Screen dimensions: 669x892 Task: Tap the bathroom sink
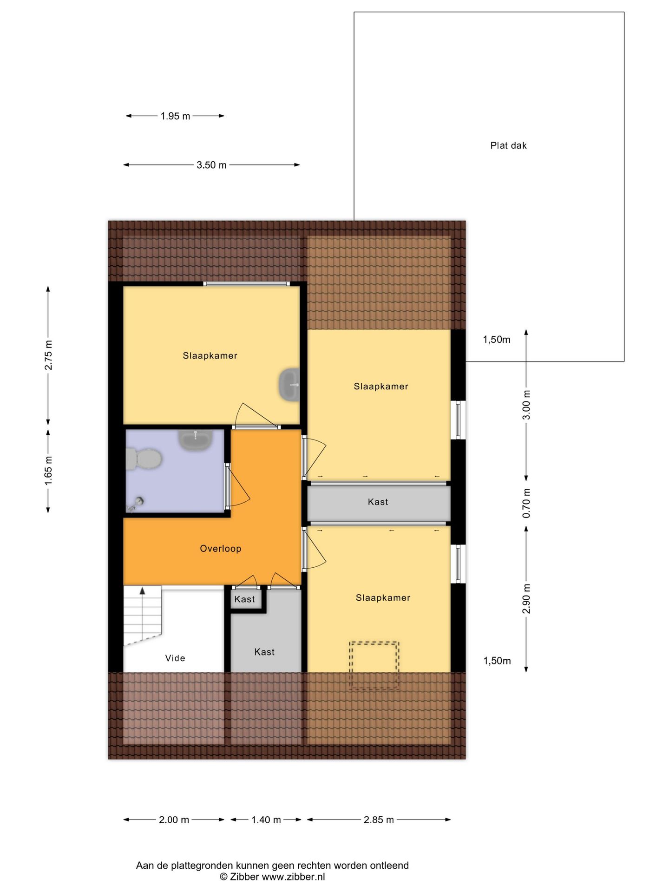[x=196, y=439]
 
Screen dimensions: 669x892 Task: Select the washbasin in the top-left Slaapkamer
[x=289, y=385]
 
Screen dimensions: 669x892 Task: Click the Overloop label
[x=221, y=549]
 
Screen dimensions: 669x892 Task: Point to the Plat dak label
[x=508, y=145]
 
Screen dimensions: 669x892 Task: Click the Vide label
[x=175, y=658]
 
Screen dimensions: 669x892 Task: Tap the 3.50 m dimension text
[x=211, y=165]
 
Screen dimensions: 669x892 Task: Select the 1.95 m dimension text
[x=175, y=116]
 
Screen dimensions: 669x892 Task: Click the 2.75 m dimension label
[x=48, y=355]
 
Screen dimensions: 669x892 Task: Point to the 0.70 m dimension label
[x=526, y=504]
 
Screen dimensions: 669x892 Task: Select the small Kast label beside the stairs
[x=244, y=599]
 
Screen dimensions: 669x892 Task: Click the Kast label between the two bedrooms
[x=378, y=502]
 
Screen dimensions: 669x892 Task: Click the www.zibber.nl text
[x=293, y=877]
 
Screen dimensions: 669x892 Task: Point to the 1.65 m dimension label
[x=48, y=471]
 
